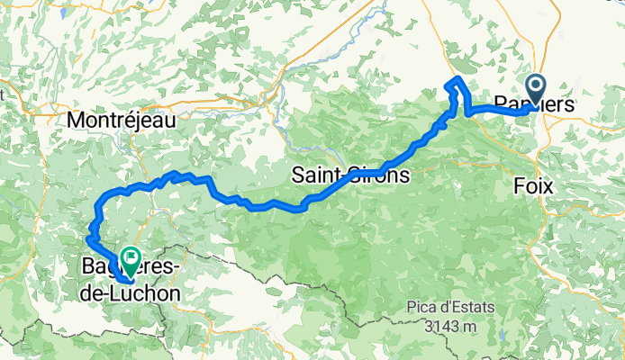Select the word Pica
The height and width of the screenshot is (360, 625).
coord(423,307)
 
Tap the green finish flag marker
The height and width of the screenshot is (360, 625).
coord(131,262)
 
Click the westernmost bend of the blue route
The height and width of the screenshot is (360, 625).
coord(88,238)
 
